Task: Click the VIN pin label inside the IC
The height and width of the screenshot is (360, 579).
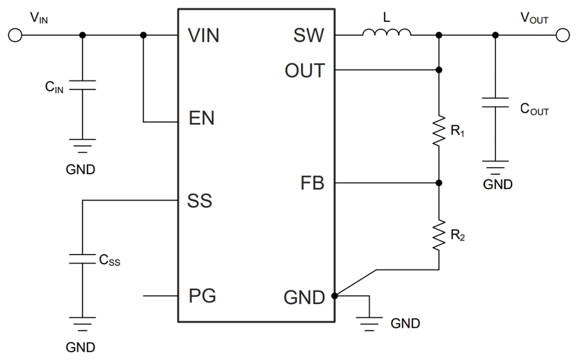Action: tap(204, 36)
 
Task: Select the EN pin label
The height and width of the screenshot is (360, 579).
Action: tap(201, 119)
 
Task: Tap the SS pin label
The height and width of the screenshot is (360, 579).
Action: tap(200, 201)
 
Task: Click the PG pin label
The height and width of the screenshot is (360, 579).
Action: tap(202, 296)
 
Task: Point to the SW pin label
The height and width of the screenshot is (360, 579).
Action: tap(310, 36)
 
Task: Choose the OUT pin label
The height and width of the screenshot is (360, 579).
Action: tap(305, 70)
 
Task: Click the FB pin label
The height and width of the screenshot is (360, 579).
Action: tap(312, 184)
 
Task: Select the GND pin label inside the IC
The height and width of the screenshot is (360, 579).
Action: tap(304, 298)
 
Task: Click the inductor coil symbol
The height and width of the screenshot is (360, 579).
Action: tap(387, 33)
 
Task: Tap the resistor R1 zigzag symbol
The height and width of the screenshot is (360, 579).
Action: tap(439, 130)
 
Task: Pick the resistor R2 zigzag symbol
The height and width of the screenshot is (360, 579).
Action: tap(439, 235)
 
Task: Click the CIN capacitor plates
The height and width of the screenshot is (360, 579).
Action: tap(82, 85)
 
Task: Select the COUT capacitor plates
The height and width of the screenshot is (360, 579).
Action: tap(495, 102)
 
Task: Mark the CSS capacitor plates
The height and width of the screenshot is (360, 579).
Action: tap(82, 258)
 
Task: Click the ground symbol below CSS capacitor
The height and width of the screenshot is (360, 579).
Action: tap(82, 323)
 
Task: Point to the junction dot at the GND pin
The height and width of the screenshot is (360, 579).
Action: tap(335, 296)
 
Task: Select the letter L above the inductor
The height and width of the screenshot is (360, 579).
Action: tap(387, 18)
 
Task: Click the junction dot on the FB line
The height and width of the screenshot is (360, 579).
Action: tap(439, 183)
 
